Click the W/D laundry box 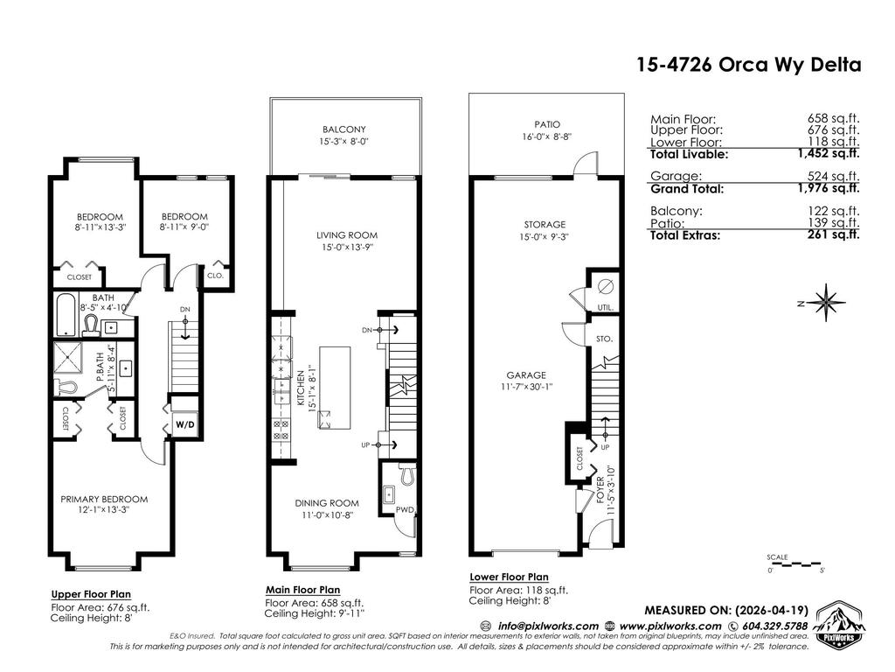coord(185,424)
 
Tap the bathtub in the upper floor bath coord(66,314)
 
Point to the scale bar coord(794,564)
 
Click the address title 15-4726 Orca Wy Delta coord(749,65)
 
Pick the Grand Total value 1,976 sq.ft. coord(829,188)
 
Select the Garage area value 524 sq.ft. coord(833,176)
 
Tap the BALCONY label coord(344,129)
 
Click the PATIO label coord(547,124)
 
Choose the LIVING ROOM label coord(347,234)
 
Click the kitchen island coord(335,388)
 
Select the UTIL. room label coord(606,307)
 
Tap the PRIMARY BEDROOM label coord(105,499)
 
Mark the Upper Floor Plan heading coord(91,594)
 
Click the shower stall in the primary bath coord(68,357)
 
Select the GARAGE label coord(526,375)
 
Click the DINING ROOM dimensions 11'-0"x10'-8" coord(327,514)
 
